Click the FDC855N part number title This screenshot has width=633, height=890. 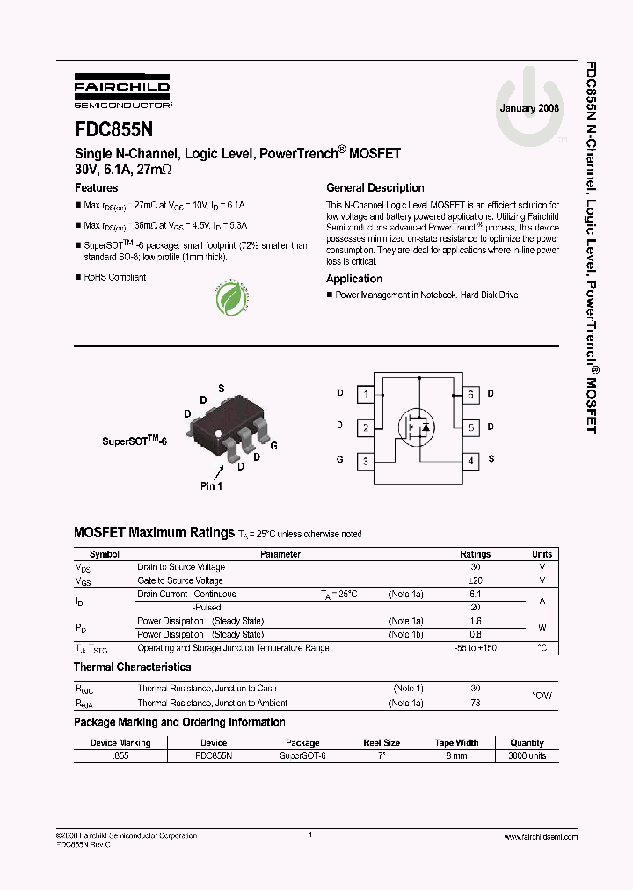tap(113, 128)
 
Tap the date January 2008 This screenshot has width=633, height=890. tap(529, 108)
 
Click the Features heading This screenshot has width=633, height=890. tap(97, 188)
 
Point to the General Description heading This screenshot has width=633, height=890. tap(375, 188)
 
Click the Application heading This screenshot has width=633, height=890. tap(354, 279)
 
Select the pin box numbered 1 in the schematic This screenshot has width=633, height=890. tap(366, 395)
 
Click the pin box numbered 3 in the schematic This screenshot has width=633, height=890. tap(366, 460)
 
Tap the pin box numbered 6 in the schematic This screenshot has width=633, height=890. tap(471, 395)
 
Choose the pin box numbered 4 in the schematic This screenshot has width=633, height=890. tap(471, 460)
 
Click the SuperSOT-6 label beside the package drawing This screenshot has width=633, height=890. tap(135, 439)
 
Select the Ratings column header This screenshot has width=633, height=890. tap(476, 554)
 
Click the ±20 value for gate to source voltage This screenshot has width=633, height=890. tap(476, 580)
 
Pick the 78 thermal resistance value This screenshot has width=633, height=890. tap(476, 703)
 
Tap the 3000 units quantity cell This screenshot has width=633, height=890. tap(527, 755)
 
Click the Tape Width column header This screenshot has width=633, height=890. tap(456, 742)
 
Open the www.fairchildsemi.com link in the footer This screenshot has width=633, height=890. tap(539, 837)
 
